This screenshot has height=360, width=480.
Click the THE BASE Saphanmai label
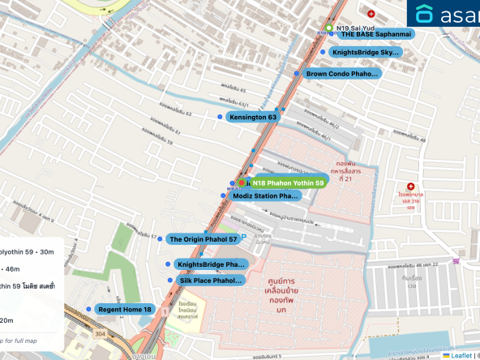375,35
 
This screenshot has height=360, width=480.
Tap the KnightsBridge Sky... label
367,53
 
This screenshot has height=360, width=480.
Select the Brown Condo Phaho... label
342,74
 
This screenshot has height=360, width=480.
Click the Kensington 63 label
253,118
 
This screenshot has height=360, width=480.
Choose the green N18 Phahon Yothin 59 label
288,183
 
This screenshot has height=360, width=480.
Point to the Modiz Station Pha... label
266,196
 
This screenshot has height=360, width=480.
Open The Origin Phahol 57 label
203,239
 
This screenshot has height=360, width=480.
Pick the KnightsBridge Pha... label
211,264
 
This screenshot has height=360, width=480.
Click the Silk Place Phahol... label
210,281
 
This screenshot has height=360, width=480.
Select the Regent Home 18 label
125,309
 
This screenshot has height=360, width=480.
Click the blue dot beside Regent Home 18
88,309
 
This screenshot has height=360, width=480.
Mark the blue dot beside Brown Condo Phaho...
297,74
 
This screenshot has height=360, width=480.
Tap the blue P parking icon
247,237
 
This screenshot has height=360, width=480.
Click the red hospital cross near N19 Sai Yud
371,14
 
